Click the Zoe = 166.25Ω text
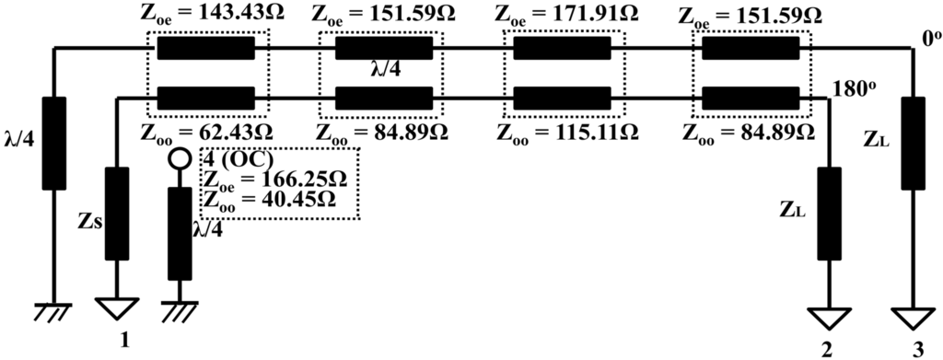279,179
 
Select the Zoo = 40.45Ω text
279,200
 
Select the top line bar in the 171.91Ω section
562,47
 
